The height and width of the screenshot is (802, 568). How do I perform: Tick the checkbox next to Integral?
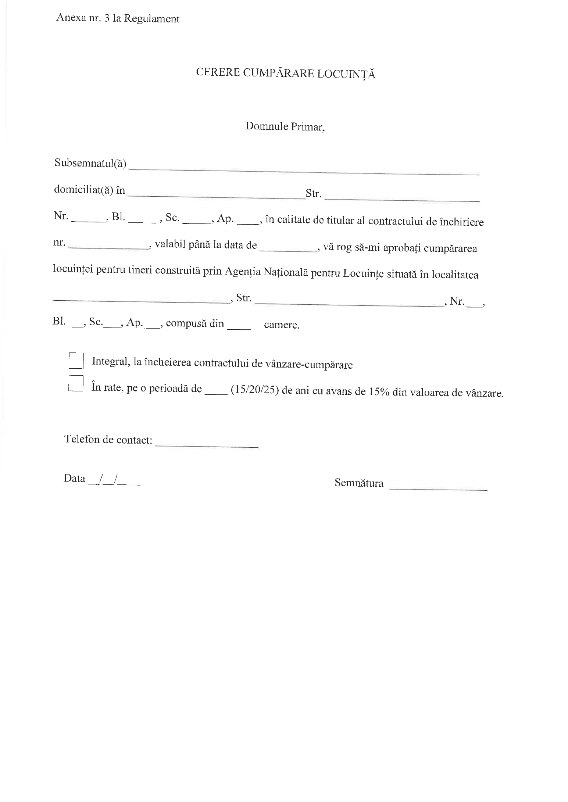(76, 361)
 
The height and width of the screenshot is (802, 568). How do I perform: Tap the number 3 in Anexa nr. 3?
(107, 19)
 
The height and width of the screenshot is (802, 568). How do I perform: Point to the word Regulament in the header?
(151, 19)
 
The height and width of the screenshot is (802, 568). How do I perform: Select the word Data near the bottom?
(74, 478)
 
